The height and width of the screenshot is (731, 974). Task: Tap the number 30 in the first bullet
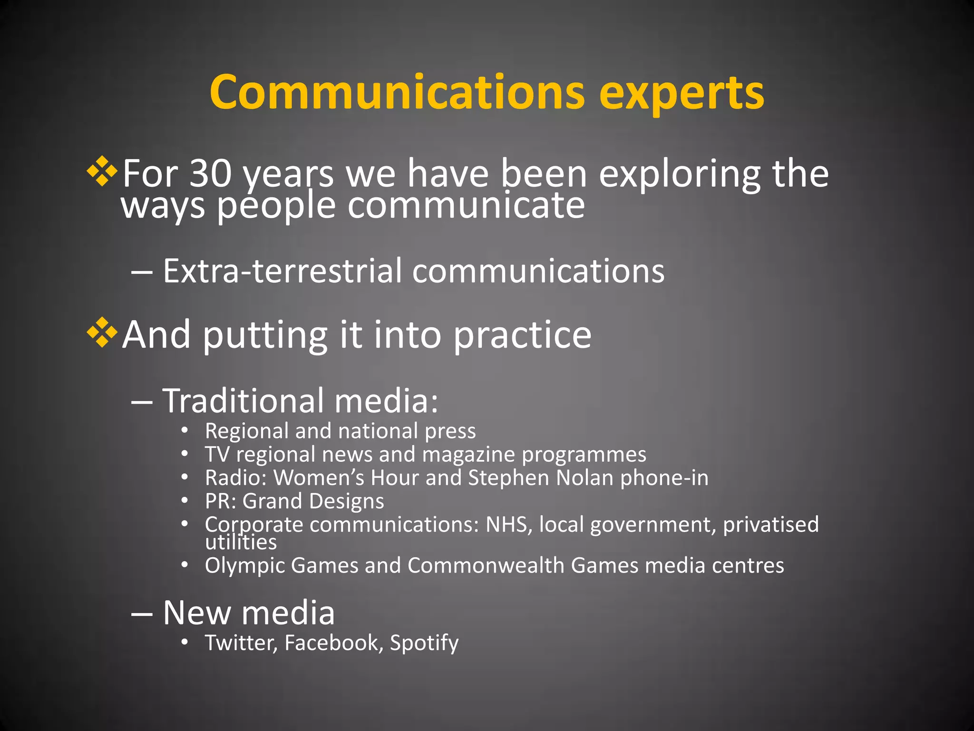(x=211, y=173)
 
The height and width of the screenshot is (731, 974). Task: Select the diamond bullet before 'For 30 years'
(x=102, y=171)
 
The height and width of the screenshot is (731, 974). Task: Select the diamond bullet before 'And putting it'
(x=102, y=333)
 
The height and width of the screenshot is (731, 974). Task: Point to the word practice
(x=522, y=335)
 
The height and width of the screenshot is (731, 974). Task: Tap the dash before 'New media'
(x=142, y=614)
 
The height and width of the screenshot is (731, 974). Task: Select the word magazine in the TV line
(x=468, y=454)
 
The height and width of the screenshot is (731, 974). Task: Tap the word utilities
(x=241, y=543)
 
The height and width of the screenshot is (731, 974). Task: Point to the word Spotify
(x=424, y=643)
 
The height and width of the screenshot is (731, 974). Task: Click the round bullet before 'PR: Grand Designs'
(x=185, y=501)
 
